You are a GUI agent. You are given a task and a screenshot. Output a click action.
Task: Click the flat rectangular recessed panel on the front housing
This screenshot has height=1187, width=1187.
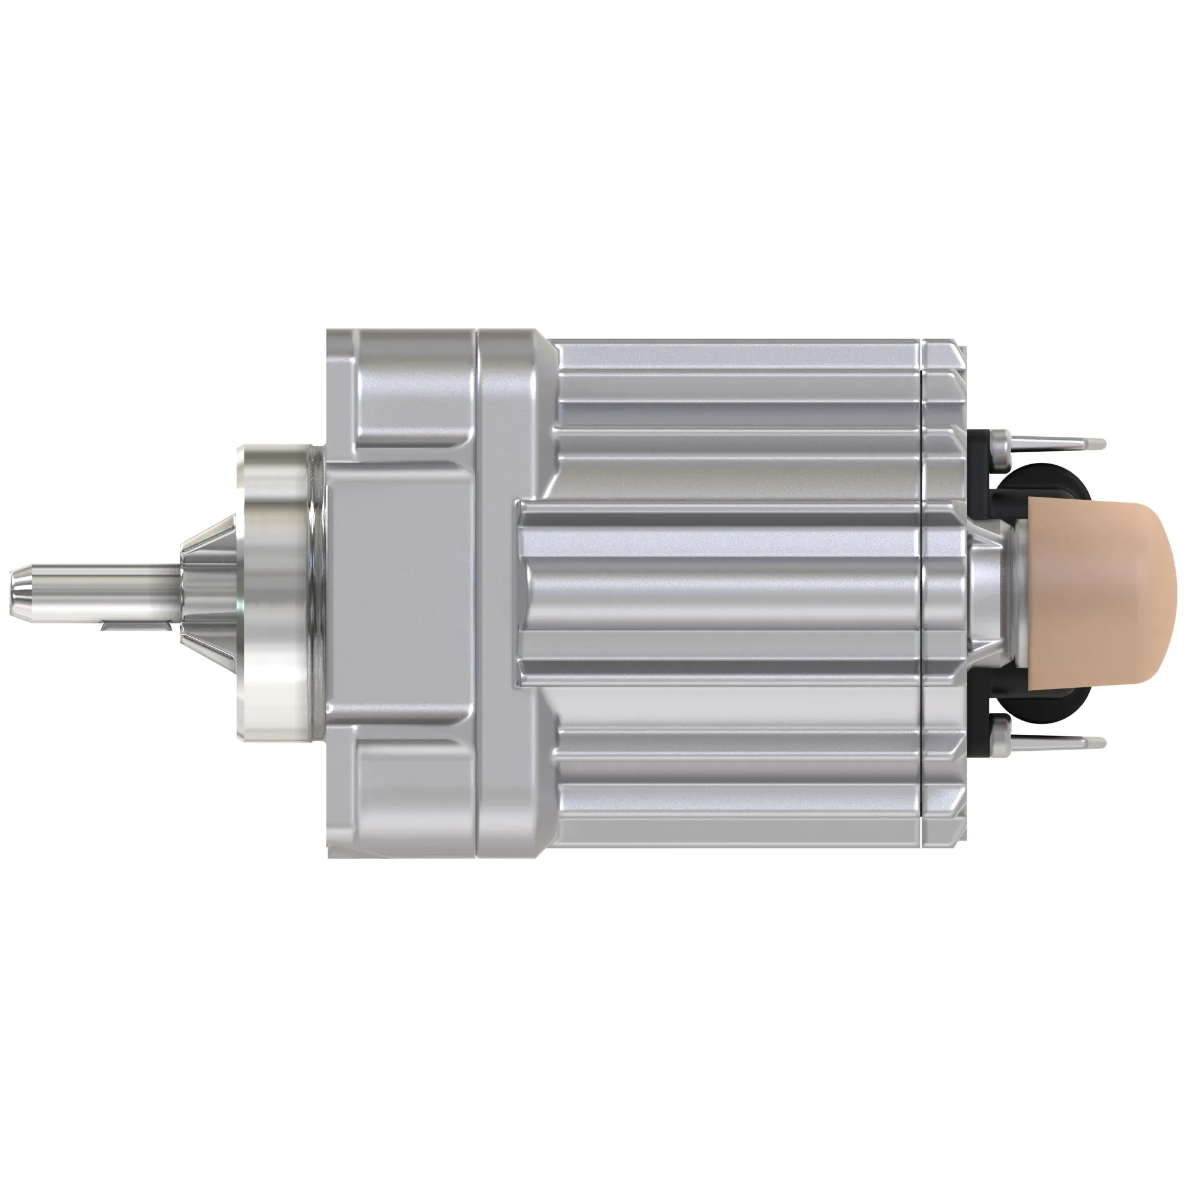399,593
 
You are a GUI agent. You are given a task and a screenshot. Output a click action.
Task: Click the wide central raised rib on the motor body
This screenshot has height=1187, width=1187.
719,593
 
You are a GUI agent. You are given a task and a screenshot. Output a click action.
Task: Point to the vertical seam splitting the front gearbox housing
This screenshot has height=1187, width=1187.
477,593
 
